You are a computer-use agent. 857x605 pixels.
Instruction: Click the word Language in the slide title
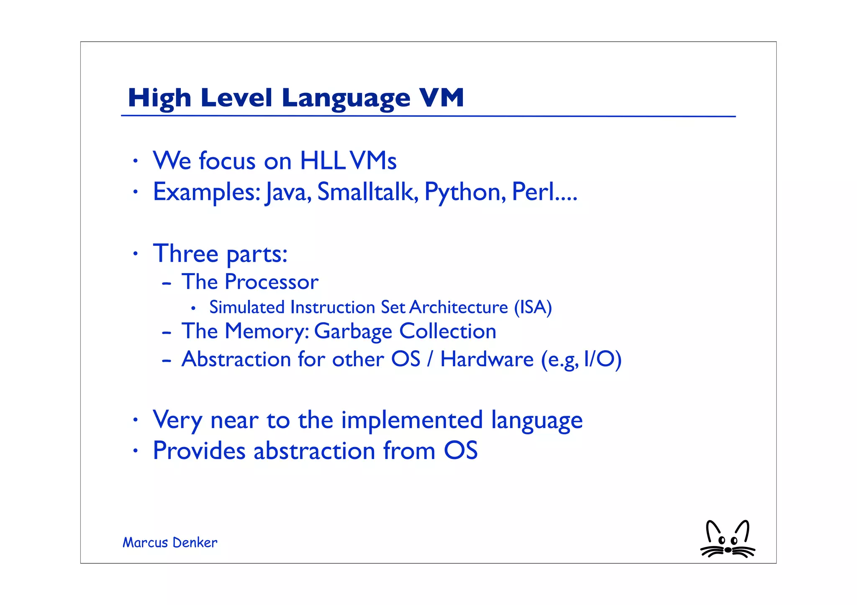point(346,99)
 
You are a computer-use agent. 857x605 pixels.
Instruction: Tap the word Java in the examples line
point(287,192)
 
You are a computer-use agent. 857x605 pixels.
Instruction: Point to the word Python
point(462,192)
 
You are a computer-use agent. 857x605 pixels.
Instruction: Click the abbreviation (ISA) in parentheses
point(533,307)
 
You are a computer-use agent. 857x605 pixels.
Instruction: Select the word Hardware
point(487,359)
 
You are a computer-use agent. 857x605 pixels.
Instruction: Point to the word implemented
point(412,420)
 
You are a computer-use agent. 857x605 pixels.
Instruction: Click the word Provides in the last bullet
point(199,451)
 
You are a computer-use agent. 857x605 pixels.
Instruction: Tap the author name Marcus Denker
point(170,543)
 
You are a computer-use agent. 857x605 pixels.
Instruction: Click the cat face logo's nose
point(728,550)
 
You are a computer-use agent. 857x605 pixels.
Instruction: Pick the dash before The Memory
point(167,333)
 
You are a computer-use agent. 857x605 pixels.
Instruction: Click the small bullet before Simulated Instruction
point(193,309)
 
